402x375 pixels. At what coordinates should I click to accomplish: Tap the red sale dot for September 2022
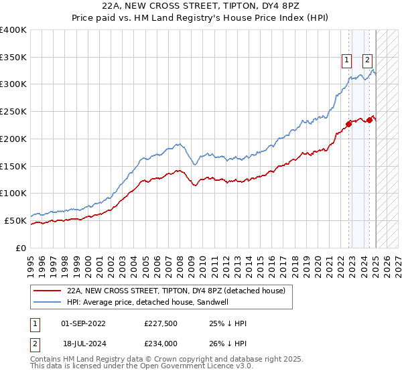(x=348, y=123)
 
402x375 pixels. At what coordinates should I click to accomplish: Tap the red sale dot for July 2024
(x=369, y=120)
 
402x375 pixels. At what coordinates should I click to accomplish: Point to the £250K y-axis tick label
(x=13, y=111)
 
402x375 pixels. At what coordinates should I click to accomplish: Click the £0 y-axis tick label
(x=21, y=248)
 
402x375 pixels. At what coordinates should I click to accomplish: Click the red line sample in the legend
(x=47, y=291)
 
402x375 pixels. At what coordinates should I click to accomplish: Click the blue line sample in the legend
(x=47, y=302)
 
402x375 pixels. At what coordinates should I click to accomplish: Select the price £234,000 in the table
(x=161, y=343)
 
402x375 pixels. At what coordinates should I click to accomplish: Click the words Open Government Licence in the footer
(x=191, y=368)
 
